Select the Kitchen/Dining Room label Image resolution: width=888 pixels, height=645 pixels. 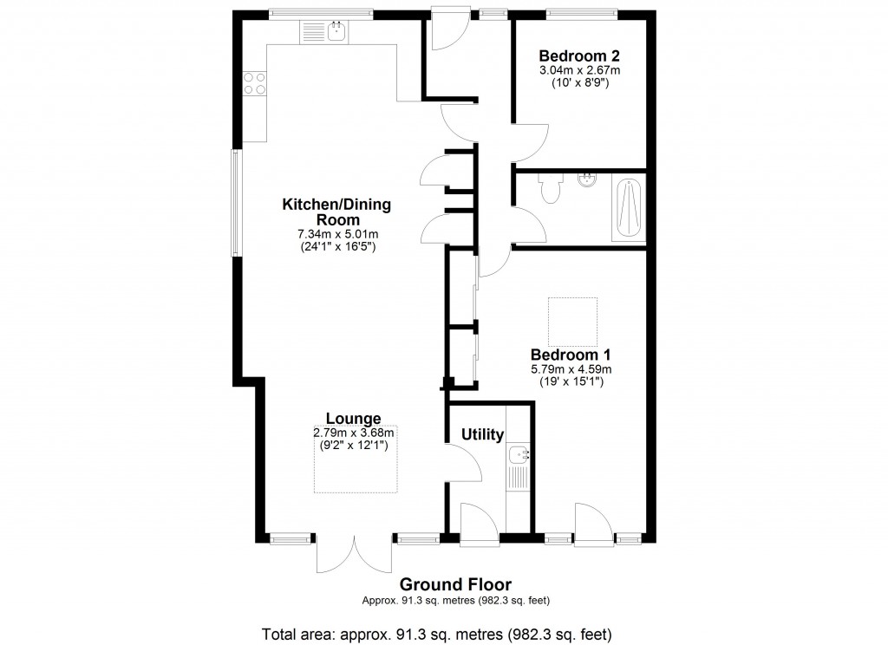pyautogui.click(x=336, y=212)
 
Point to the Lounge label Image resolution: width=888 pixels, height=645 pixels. pyautogui.click(x=353, y=419)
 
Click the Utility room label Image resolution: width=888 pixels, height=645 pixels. pyautogui.click(x=482, y=434)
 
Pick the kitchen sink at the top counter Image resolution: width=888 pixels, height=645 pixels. pyautogui.click(x=334, y=33)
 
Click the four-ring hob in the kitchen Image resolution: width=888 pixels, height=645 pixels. pyautogui.click(x=255, y=83)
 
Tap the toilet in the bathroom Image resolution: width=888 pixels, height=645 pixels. pyautogui.click(x=549, y=190)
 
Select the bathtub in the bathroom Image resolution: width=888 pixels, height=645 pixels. pyautogui.click(x=629, y=209)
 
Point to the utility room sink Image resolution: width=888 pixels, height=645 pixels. pyautogui.click(x=519, y=453)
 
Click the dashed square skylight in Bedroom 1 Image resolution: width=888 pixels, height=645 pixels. pyautogui.click(x=572, y=322)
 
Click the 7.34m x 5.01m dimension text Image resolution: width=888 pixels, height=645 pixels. pyautogui.click(x=336, y=235)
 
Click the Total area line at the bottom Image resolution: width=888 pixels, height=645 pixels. pyautogui.click(x=442, y=632)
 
